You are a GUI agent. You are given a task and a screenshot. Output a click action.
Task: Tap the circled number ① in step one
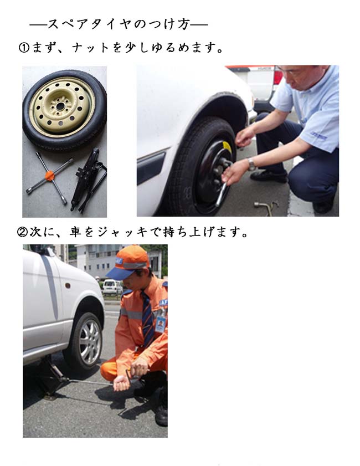pyautogui.click(x=24, y=48)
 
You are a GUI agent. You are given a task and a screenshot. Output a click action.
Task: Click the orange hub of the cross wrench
pyautogui.click(x=50, y=176)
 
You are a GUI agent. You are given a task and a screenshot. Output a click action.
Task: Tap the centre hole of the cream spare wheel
pyautogui.click(x=60, y=106)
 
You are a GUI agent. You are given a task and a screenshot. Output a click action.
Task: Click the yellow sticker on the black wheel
pyautogui.click(x=227, y=146)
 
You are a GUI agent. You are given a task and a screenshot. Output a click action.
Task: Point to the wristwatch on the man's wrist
pyautogui.click(x=252, y=165)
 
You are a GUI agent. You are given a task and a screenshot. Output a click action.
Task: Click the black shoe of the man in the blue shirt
pyautogui.click(x=269, y=176)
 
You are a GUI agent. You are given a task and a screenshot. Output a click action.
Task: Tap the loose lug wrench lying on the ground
pyautogui.click(x=266, y=207)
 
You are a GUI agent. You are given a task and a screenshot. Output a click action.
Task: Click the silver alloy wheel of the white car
pyautogui.click(x=89, y=342)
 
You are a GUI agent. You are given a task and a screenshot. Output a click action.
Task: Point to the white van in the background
pyautogui.click(x=112, y=287)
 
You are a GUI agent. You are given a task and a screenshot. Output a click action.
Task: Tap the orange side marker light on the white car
pyautogui.click(x=68, y=286)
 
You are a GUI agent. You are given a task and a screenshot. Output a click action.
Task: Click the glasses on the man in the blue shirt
pyautogui.click(x=292, y=72)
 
